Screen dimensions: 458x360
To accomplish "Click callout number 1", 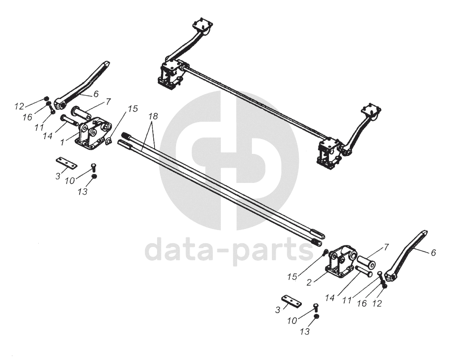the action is point(63,140).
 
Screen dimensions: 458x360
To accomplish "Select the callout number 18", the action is point(153,116).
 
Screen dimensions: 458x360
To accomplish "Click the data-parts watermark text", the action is point(230,251).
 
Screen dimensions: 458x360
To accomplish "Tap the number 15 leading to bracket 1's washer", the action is point(133,109).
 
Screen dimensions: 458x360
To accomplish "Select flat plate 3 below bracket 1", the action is point(66,163).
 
